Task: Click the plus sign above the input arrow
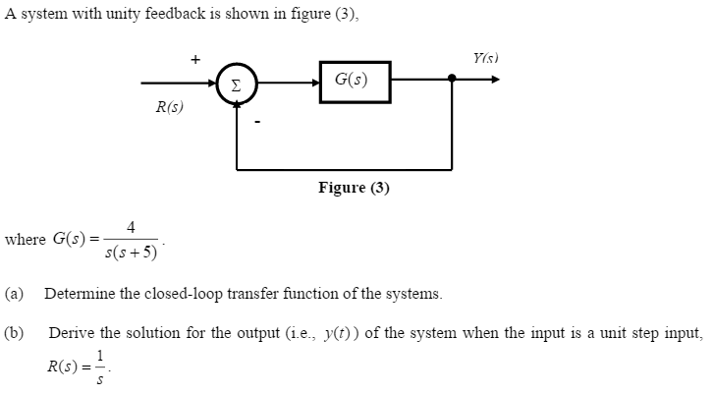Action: click(195, 61)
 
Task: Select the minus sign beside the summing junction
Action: click(257, 123)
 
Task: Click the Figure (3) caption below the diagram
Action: click(354, 188)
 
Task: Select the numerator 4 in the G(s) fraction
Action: click(131, 227)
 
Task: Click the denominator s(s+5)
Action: click(131, 253)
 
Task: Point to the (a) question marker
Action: click(15, 293)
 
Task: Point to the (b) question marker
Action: click(15, 333)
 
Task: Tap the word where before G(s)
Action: click(26, 239)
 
